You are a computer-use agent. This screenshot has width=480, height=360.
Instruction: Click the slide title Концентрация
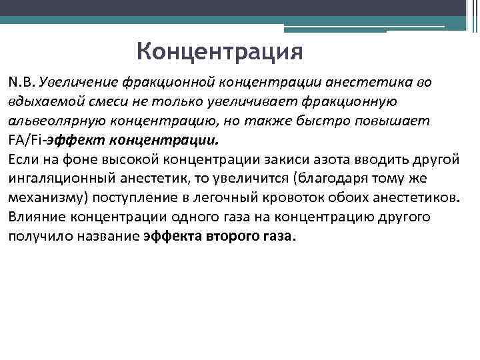pyautogui.click(x=219, y=51)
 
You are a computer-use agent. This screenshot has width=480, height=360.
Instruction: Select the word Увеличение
pyautogui.click(x=77, y=82)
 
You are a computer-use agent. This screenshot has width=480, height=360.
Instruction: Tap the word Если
pyautogui.click(x=23, y=161)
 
